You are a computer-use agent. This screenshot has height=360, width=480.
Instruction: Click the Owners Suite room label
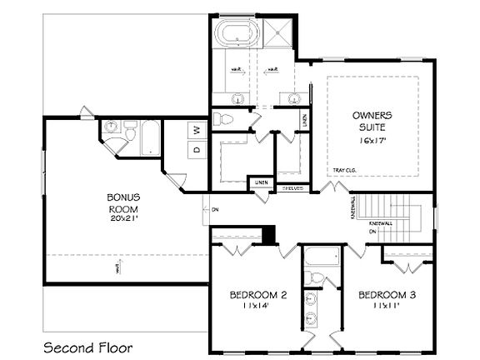[372, 121]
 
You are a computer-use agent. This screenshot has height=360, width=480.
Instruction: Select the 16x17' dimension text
[372, 142]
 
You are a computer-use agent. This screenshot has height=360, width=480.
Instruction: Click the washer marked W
[197, 129]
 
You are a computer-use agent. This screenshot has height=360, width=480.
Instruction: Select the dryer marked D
[197, 150]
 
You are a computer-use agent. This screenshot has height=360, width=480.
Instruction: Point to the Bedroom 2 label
[258, 295]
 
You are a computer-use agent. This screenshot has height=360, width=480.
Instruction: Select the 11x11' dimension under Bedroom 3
[387, 306]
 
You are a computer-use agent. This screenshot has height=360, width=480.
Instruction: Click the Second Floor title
[87, 346]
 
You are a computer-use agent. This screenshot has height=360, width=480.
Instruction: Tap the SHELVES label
[291, 187]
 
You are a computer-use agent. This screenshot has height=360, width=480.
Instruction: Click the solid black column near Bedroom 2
[268, 234]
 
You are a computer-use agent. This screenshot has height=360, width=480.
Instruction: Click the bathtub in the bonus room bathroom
[151, 138]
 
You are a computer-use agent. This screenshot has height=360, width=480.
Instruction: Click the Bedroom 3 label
[387, 295]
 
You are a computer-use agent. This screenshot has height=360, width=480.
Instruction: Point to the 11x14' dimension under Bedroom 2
[258, 307]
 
